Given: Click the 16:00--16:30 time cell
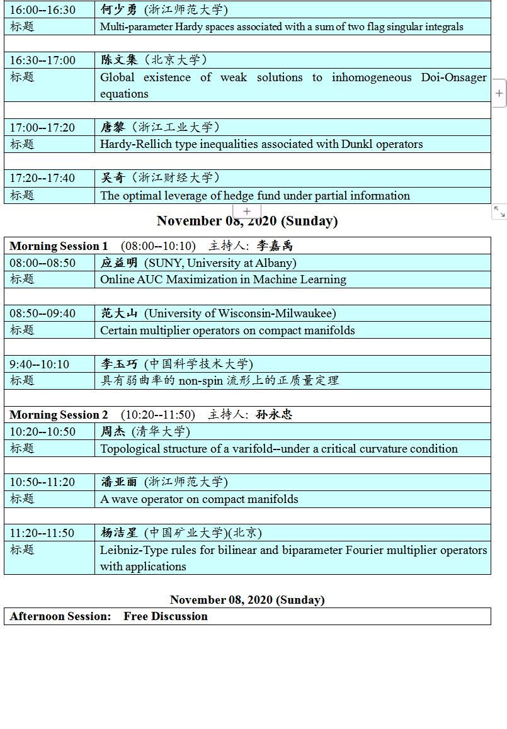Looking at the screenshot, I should point(42,9).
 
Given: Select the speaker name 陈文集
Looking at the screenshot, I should point(119,60).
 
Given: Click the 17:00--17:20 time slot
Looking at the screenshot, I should point(42,127).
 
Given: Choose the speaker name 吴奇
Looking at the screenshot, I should point(113,178).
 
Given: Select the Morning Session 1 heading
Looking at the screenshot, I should point(59,246).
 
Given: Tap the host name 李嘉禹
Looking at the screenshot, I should point(275,246).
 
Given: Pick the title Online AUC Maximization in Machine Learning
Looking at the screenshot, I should point(223,280).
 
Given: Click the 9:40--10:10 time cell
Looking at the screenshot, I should point(39,364).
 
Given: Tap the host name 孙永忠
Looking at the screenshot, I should point(274,414).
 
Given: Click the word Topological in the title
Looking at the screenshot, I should point(130,449).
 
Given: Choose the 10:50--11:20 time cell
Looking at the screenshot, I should point(42,482).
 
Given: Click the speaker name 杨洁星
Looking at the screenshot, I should point(119,533).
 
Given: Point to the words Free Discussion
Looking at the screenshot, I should point(166,616).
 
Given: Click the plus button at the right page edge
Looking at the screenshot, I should point(499,93).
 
